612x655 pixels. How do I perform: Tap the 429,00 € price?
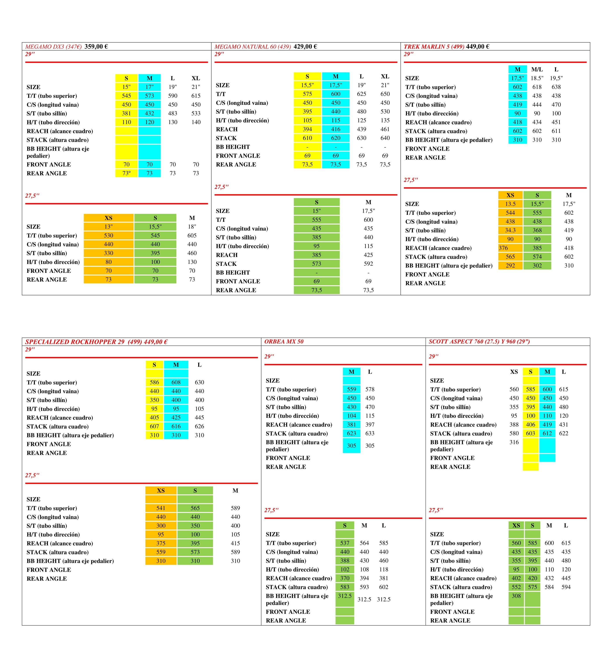pyautogui.click(x=305, y=46)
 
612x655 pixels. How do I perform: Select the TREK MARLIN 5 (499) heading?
pyautogui.click(x=434, y=46)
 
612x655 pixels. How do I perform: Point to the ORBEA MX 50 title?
pyautogui.click(x=284, y=341)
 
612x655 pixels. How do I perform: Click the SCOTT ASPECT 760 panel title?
pyautogui.click(x=479, y=341)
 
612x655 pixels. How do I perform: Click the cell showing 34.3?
pyautogui.click(x=510, y=230)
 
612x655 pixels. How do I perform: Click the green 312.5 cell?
pyautogui.click(x=344, y=596)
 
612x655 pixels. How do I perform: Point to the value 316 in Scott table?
pyautogui.click(x=514, y=442)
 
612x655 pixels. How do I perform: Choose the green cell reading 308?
pyautogui.click(x=516, y=596)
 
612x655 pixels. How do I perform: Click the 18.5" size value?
pyautogui.click(x=537, y=78)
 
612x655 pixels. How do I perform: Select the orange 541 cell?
pyautogui.click(x=161, y=508)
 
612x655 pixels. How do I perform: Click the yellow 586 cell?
pyautogui.click(x=154, y=382)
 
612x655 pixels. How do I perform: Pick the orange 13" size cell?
pyautogui.click(x=108, y=227)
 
